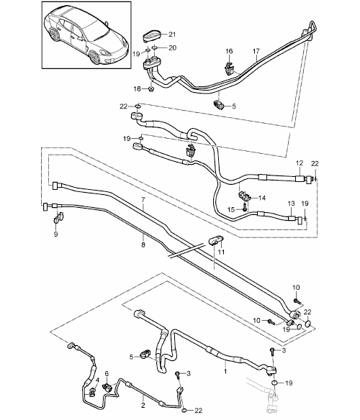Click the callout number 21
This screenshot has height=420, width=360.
point(172,35)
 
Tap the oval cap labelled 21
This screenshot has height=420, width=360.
point(151,36)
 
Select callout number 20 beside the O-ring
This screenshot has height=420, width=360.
point(172,48)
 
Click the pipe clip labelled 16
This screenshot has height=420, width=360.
point(229,68)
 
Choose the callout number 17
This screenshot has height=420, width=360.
point(256,51)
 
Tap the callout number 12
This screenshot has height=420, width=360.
point(300,163)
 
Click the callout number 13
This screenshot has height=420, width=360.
point(292,204)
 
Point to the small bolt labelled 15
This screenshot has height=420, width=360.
point(244,207)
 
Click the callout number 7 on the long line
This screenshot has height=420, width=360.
point(143,199)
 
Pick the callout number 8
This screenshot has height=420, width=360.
point(143,245)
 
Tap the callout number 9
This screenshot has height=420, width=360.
point(55,234)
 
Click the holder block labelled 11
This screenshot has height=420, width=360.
point(216,239)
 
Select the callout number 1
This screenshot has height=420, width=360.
point(225,371)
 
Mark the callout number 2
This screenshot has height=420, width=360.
point(143,406)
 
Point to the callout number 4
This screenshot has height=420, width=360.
point(97,380)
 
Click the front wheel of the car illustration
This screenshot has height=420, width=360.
point(94,57)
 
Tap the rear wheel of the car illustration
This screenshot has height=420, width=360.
point(54,35)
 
